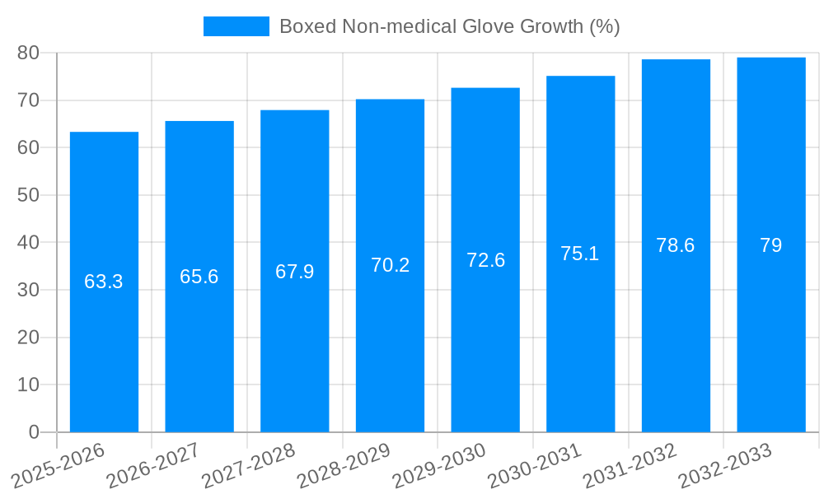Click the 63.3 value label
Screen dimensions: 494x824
click(x=104, y=282)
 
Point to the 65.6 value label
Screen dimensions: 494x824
click(x=199, y=277)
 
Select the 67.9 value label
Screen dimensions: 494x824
click(x=295, y=272)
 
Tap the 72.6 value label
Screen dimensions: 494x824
click(x=485, y=260)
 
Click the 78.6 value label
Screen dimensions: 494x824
click(x=676, y=245)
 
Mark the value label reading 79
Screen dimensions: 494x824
click(x=771, y=245)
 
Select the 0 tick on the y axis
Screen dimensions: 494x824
click(x=34, y=432)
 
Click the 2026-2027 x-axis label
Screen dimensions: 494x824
click(x=153, y=465)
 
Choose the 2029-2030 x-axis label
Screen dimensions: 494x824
click(x=439, y=465)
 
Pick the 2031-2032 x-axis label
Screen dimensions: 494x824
click(x=630, y=465)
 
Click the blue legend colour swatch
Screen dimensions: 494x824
click(x=236, y=26)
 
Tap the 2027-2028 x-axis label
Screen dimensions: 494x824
click(x=249, y=465)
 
